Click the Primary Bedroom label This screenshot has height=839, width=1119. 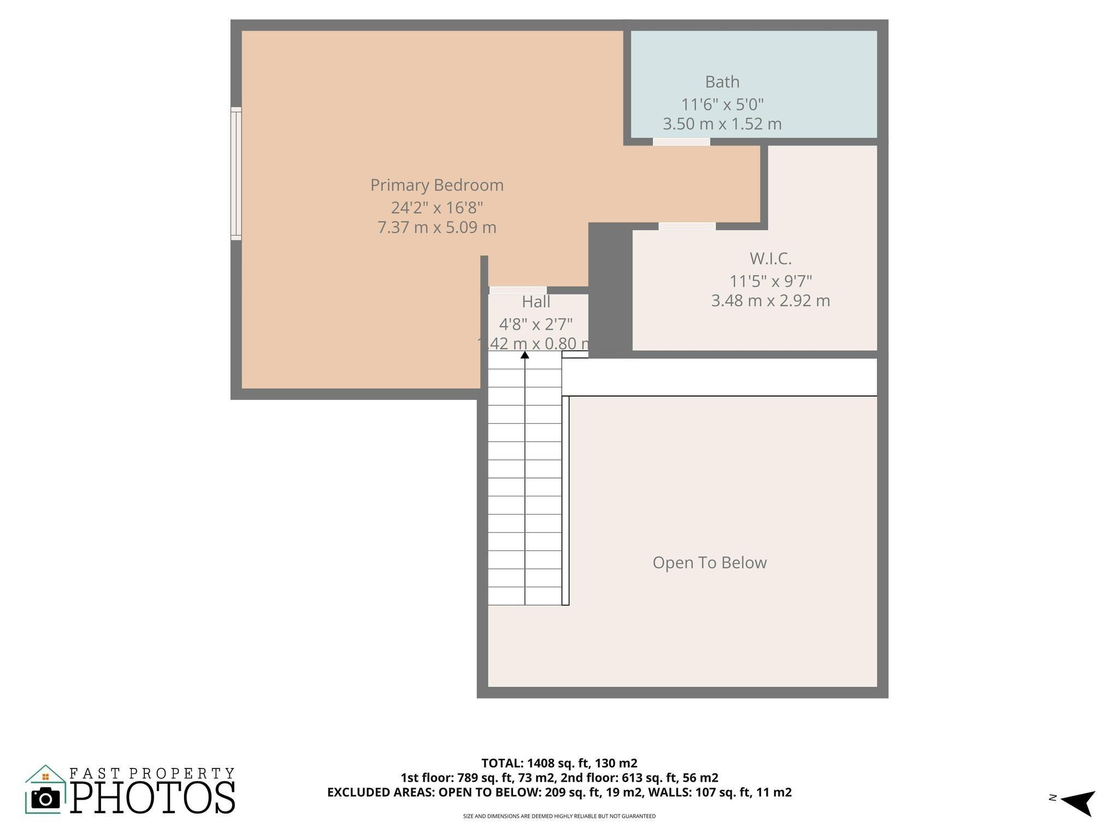pyautogui.click(x=437, y=185)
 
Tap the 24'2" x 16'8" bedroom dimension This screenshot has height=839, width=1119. pyautogui.click(x=437, y=208)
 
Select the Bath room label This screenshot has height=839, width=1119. pyautogui.click(x=722, y=82)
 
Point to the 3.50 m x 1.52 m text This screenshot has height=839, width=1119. pyautogui.click(x=722, y=124)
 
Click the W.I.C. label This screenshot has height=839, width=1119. pyautogui.click(x=770, y=258)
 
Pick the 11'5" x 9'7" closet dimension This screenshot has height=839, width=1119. pyautogui.click(x=770, y=281)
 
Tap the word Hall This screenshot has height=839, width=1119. pyautogui.click(x=535, y=302)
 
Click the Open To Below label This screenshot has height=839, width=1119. pyautogui.click(x=709, y=563)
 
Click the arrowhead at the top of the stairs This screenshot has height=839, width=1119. pyautogui.click(x=525, y=355)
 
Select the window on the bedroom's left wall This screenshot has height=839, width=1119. pyautogui.click(x=235, y=173)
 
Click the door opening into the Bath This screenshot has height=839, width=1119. pyautogui.click(x=681, y=141)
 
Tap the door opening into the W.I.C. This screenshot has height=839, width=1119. pyautogui.click(x=686, y=226)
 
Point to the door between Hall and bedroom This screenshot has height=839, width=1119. pyautogui.click(x=517, y=290)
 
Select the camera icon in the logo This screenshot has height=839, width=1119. pyautogui.click(x=45, y=799)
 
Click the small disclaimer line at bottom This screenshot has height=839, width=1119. pyautogui.click(x=559, y=816)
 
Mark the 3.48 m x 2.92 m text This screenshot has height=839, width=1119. pyautogui.click(x=770, y=301)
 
